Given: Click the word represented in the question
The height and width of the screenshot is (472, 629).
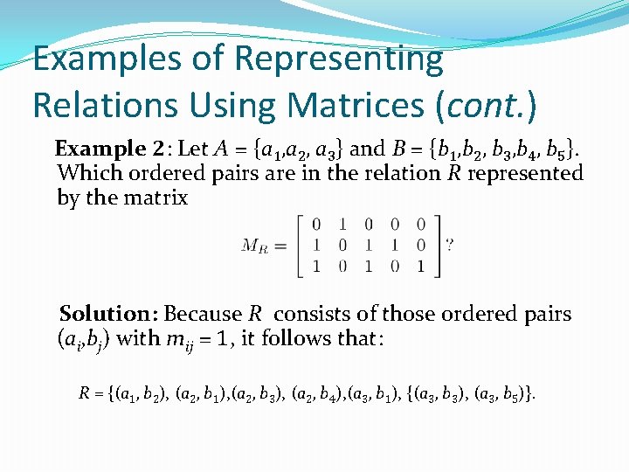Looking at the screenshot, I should click(x=525, y=173).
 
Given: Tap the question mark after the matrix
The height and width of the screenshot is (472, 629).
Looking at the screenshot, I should click(x=449, y=246).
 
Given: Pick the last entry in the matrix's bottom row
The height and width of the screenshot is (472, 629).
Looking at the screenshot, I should click(x=421, y=267).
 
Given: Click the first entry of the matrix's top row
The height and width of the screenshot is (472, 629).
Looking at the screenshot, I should click(x=315, y=225).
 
